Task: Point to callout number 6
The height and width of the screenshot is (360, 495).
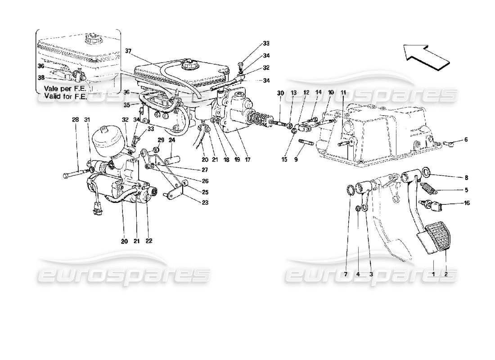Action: [x=466, y=140]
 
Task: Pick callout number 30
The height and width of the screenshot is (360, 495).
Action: [x=280, y=93]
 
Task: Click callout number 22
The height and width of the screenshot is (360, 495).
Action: [x=149, y=241]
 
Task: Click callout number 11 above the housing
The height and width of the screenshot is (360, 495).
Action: [x=343, y=93]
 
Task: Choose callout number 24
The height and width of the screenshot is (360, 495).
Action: [x=171, y=140]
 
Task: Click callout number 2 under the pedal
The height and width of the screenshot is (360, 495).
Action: [x=446, y=274]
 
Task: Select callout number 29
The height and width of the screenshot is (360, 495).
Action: [x=160, y=140]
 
